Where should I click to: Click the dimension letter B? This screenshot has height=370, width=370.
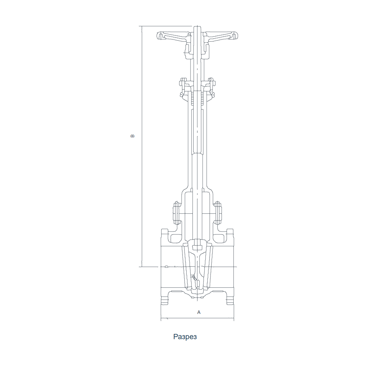point(133,136)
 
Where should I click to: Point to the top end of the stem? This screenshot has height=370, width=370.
point(197,26)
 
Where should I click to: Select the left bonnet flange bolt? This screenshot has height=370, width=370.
point(177,213)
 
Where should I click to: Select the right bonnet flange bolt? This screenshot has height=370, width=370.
point(218,213)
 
